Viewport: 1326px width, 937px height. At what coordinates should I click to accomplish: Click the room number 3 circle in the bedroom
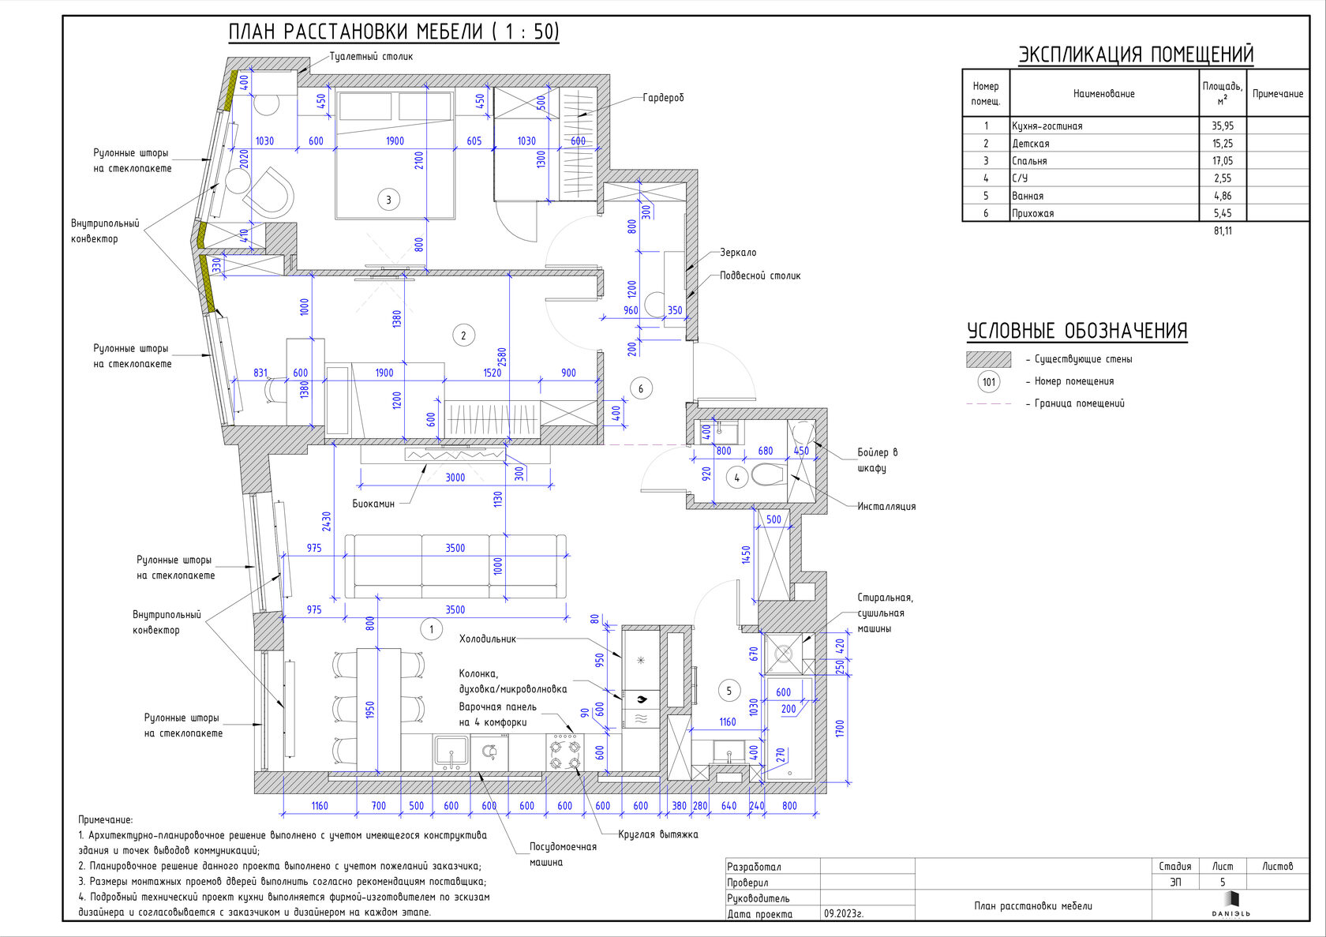pyautogui.click(x=388, y=200)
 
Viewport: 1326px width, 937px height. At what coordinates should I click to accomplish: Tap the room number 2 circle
pyautogui.click(x=463, y=335)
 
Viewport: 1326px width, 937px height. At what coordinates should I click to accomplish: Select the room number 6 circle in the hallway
pyautogui.click(x=641, y=389)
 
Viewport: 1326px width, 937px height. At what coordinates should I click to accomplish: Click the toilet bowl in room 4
pyautogui.click(x=768, y=474)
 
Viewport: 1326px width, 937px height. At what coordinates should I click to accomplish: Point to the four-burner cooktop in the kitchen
pyautogui.click(x=565, y=752)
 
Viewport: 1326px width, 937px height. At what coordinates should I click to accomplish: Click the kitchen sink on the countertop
pyautogui.click(x=451, y=752)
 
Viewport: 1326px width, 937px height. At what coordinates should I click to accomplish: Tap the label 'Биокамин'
pyautogui.click(x=373, y=504)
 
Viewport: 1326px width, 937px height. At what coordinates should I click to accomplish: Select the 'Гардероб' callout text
pyautogui.click(x=663, y=98)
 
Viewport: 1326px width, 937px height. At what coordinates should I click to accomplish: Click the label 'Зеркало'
pyautogui.click(x=737, y=253)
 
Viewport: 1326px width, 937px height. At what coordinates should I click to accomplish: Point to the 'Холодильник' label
pyautogui.click(x=487, y=639)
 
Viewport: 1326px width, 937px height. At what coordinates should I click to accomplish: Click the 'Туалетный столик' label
pyautogui.click(x=371, y=57)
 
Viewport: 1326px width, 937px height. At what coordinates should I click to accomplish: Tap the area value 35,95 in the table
pyautogui.click(x=1223, y=126)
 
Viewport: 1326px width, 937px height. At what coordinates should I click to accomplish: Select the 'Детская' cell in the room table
pyautogui.click(x=1031, y=144)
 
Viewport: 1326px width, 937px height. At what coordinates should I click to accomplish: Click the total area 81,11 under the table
pyautogui.click(x=1223, y=231)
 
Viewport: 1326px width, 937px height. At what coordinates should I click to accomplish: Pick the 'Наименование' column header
pyautogui.click(x=1104, y=93)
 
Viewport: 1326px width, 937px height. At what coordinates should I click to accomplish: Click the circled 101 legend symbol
pyautogui.click(x=989, y=382)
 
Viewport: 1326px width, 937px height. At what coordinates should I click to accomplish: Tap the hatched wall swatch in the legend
pyautogui.click(x=988, y=359)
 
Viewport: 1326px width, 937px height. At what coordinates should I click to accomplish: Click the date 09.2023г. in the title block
pyautogui.click(x=844, y=914)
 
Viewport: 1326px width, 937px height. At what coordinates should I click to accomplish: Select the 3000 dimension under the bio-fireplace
pyautogui.click(x=455, y=478)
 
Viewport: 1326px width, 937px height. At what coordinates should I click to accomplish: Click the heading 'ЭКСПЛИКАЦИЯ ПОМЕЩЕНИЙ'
pyautogui.click(x=1136, y=54)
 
